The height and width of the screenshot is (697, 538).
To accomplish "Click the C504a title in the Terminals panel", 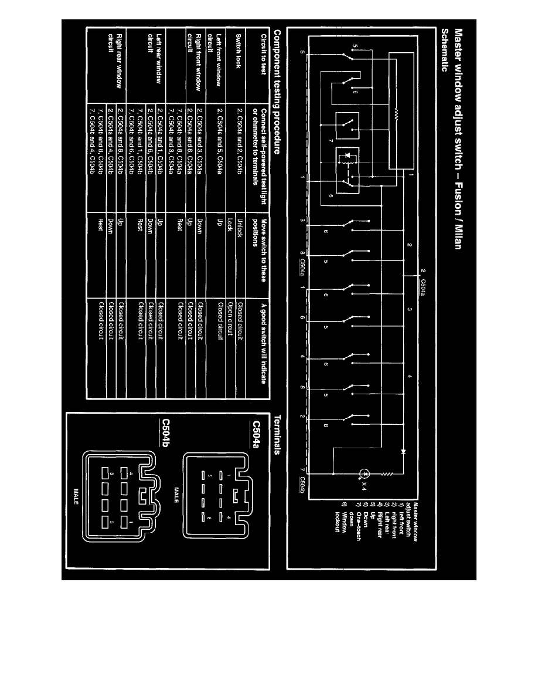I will pyautogui.click(x=256, y=432).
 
